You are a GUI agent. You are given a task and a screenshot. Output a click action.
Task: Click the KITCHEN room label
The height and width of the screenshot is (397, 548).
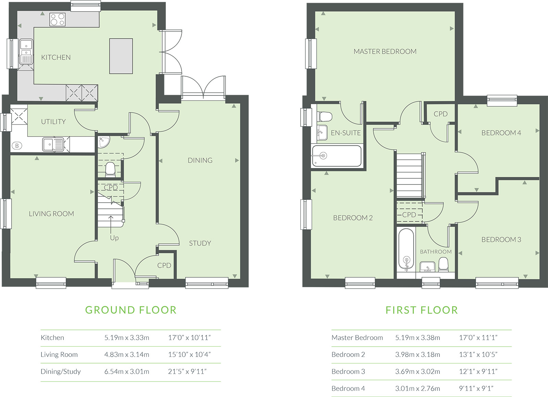tap(56, 57)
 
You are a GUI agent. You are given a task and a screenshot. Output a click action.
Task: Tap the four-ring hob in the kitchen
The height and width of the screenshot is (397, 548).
tap(58, 20)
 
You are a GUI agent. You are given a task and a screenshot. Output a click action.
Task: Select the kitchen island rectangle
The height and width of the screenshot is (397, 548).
tap(121, 56)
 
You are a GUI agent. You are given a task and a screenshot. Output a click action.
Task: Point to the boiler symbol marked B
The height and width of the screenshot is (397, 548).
tap(17, 146)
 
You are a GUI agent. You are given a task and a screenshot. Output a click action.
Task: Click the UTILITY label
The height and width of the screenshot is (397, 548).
tap(53, 122)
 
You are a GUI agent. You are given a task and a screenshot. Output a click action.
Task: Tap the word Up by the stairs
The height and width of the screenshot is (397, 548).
tap(114, 238)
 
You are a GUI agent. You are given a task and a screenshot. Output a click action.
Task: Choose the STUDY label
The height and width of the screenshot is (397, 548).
tap(200, 243)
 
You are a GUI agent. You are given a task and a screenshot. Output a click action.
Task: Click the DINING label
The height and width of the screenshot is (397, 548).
tap(200, 161)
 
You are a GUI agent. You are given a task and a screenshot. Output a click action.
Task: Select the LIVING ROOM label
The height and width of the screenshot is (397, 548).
tap(51, 214)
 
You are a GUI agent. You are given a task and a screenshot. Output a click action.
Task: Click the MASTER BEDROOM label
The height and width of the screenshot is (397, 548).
tap(385, 52)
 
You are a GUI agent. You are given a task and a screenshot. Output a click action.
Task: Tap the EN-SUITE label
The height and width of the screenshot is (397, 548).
tap(346, 133)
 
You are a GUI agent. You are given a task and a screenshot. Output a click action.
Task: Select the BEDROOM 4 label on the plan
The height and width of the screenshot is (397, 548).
tap(501, 133)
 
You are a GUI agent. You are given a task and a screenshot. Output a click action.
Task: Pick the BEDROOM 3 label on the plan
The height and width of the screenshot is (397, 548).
tap(501, 240)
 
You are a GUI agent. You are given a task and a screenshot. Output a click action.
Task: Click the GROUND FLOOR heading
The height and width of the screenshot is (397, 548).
tap(131, 310)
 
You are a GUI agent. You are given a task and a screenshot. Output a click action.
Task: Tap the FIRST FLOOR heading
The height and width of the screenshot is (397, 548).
tap(422, 310)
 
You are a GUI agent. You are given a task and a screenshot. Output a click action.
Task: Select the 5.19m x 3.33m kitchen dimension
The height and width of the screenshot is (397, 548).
tap(127, 337)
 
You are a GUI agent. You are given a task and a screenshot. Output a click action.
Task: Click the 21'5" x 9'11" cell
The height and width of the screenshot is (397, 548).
tap(187, 372)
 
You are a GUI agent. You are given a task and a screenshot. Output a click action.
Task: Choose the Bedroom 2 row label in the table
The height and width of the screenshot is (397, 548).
tap(348, 355)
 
